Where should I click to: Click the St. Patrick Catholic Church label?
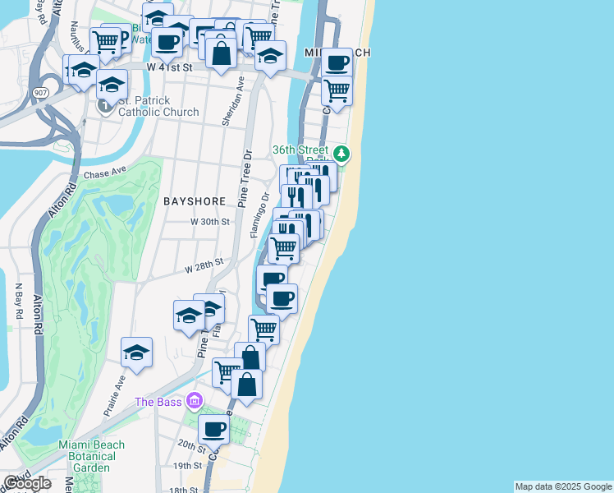point(158,107)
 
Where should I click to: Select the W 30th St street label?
point(210,222)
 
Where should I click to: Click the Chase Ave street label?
point(106,175)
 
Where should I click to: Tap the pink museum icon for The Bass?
point(195,402)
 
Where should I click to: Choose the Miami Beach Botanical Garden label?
point(92,456)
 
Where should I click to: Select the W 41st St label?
point(168,67)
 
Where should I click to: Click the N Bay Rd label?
point(19,302)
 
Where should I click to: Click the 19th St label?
point(181,466)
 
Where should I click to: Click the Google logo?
point(28,483)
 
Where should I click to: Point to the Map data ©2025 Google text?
point(563,486)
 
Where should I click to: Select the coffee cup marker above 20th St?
point(214,429)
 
